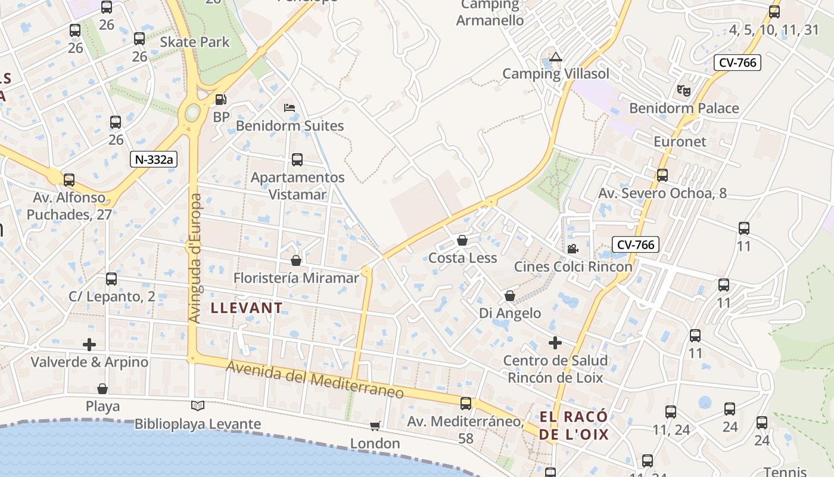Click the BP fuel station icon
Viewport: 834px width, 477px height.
coord(220,100)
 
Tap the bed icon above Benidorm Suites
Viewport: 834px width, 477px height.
coord(290,108)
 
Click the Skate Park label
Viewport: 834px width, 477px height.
coord(195,42)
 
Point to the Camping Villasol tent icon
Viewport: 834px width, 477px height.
coord(556,57)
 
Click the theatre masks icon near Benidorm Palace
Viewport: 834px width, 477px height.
coord(683,91)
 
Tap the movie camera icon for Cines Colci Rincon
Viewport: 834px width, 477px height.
coord(572,249)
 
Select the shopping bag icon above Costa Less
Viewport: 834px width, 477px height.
coord(462,240)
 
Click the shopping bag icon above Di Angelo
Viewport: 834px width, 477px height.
coord(510,296)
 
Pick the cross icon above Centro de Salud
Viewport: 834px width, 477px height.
coord(555,343)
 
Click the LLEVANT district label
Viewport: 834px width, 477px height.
coord(247,308)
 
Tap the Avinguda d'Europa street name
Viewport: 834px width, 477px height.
coord(195,258)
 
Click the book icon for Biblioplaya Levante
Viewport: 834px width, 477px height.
coord(198,406)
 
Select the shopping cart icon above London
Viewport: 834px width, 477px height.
coord(375,426)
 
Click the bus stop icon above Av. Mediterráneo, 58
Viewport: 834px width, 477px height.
coord(466,404)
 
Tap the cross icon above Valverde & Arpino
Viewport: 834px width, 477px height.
coord(89,345)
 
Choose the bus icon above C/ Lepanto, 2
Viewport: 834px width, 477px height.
coord(111,278)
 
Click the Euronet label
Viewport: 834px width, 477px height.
coord(680,142)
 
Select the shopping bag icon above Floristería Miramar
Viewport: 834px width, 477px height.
coord(296,261)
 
